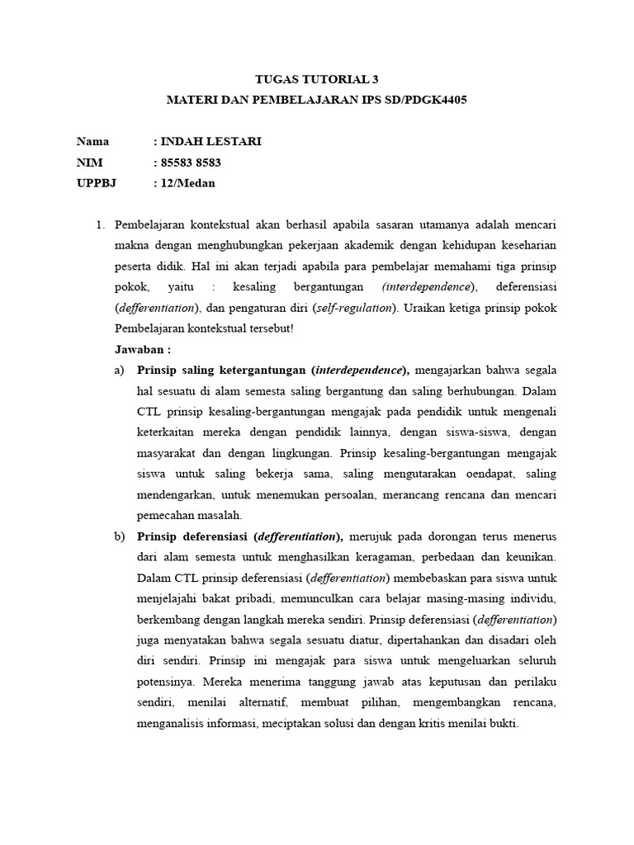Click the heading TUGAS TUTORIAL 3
[316, 81]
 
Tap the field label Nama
[92, 141]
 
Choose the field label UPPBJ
[97, 183]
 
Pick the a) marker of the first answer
[120, 370]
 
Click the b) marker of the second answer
[120, 536]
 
